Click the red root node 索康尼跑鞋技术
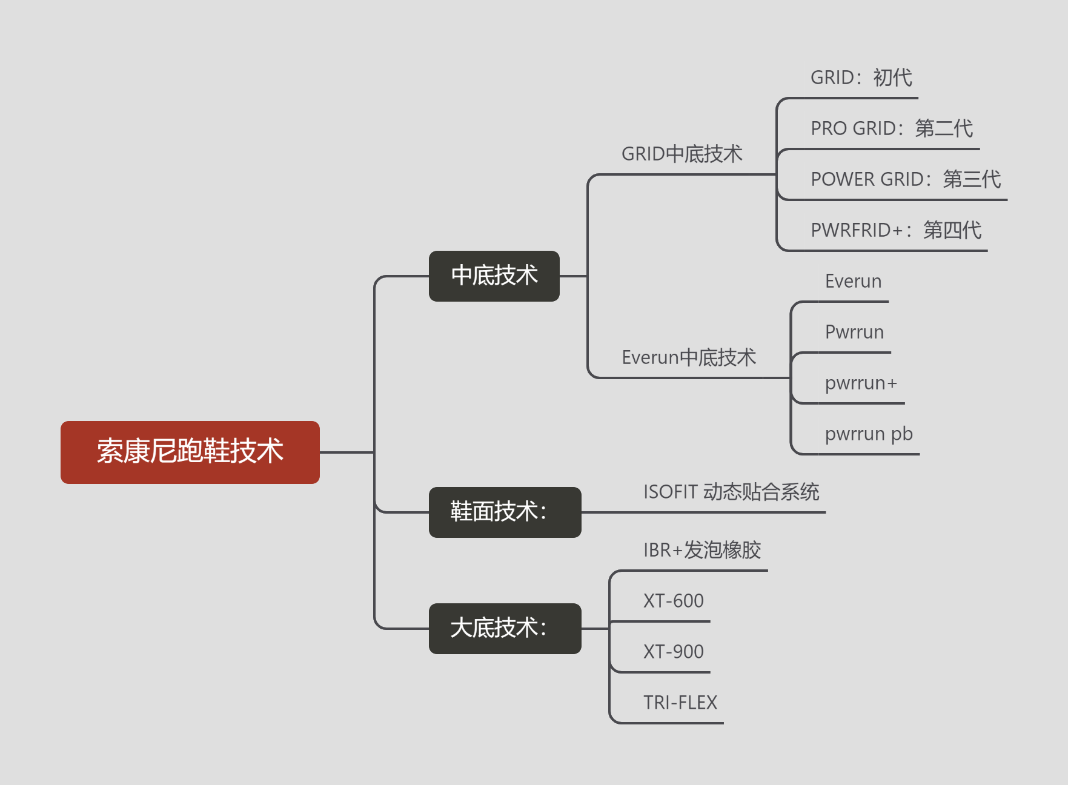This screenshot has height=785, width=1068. pos(190,452)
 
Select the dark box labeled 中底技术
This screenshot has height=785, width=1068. pos(494,276)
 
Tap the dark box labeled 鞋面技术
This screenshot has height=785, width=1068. pos(505,512)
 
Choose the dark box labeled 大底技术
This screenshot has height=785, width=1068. pos(505,628)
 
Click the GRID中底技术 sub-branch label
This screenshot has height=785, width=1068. pos(682,154)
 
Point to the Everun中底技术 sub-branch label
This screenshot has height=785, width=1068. pos(689,357)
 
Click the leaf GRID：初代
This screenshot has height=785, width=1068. pos(861,78)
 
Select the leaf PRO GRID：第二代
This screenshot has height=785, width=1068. pos(892,128)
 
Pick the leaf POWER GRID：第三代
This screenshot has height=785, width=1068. pos(906,179)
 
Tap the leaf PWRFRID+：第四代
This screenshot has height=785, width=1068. pos(896,230)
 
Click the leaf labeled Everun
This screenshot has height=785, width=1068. pos(853,281)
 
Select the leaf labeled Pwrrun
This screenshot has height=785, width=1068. pos(854,332)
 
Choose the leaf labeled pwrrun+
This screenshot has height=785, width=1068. pos(861,383)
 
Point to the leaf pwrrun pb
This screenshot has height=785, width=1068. pos(869,434)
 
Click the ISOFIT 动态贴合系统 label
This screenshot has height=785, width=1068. pos(731,492)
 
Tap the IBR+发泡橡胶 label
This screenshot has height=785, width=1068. pos(702,550)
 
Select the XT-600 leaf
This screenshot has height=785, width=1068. pos(673,601)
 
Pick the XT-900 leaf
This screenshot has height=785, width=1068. pos(673,652)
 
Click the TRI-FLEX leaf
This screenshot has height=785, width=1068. pos(680,703)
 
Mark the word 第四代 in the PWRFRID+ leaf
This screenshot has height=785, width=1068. pos(952,230)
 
